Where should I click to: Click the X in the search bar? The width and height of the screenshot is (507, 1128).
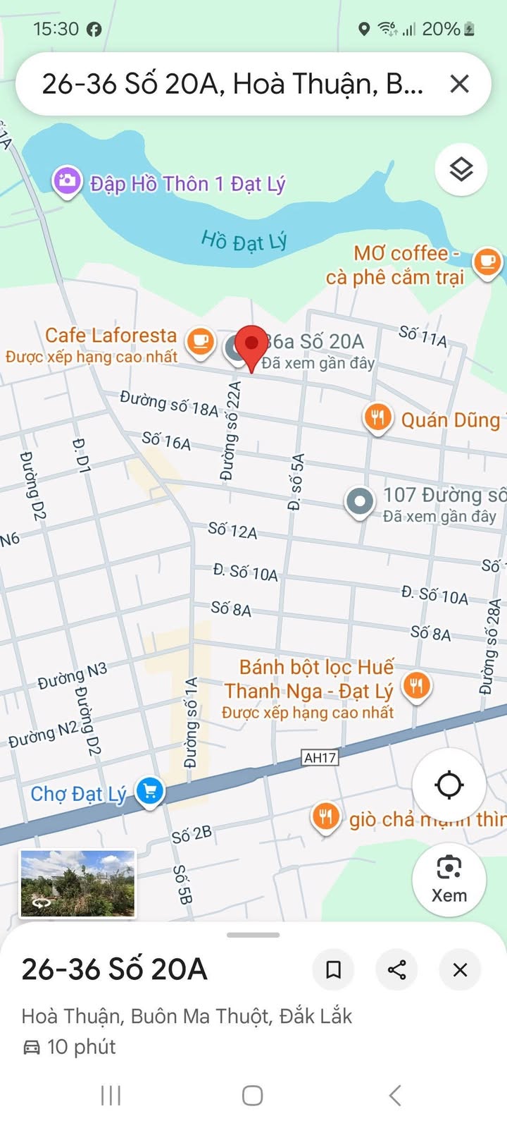(459, 84)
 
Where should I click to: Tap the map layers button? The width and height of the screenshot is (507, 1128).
(461, 169)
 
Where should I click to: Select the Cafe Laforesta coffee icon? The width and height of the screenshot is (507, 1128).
(200, 341)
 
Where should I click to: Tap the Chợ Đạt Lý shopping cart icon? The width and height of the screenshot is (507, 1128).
(150, 790)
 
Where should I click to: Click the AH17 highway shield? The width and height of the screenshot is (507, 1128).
(320, 758)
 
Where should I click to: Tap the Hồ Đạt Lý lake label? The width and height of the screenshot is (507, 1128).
(244, 242)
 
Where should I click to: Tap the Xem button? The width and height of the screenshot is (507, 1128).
(449, 879)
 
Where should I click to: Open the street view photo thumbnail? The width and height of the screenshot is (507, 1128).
(77, 884)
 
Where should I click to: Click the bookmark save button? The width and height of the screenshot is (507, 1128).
(333, 969)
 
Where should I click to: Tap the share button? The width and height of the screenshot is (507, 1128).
(396, 969)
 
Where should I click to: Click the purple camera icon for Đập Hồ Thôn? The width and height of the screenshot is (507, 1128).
(67, 181)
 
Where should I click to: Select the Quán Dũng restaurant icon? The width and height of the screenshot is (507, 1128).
(378, 417)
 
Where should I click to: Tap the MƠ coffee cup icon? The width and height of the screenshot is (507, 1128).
(487, 262)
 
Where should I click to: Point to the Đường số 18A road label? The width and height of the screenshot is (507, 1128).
(169, 403)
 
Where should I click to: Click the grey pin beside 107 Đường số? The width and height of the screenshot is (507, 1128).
(360, 502)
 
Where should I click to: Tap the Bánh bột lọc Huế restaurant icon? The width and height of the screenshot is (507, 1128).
(416, 685)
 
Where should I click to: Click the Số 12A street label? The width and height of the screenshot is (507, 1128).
(232, 530)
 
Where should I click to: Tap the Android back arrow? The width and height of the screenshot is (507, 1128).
(395, 1096)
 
